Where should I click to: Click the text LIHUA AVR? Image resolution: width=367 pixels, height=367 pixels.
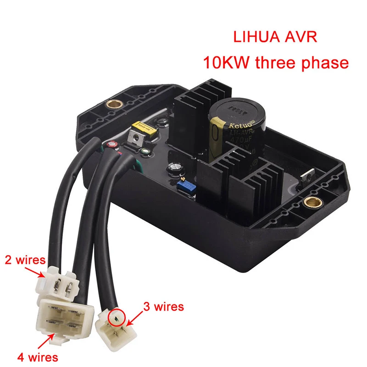[x=275, y=37]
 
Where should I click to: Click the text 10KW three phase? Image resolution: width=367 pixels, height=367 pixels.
[x=276, y=62]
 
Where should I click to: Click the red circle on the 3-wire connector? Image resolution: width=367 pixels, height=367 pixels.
[x=117, y=316]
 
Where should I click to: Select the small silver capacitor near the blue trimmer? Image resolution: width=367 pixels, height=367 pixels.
[x=175, y=168]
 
